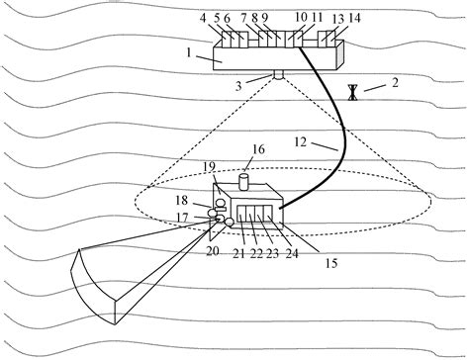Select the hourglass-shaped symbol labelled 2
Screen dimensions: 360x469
point(353,92)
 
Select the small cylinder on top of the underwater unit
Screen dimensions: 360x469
point(245,181)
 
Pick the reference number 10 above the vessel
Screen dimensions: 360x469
point(300,18)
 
